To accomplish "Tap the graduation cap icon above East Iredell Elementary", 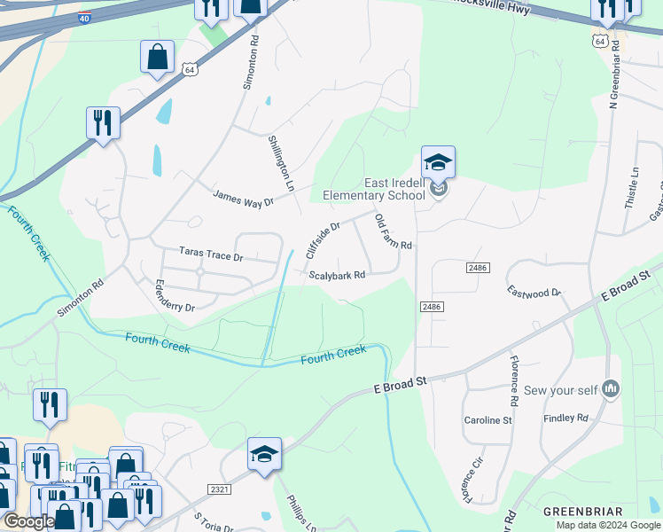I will tap(438, 162).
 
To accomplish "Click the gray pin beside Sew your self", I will tap(611, 388).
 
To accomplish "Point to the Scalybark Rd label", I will tap(337, 275).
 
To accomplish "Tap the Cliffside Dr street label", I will tap(323, 240).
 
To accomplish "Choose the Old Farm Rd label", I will tap(394, 231).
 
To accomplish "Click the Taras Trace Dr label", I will tap(211, 254).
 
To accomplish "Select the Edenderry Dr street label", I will tap(174, 294).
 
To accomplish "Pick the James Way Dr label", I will tap(243, 197).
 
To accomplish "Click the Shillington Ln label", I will tap(280, 164).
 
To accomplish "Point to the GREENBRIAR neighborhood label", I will tap(577, 512).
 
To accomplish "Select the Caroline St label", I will tap(488, 419).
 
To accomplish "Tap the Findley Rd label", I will tap(565, 417).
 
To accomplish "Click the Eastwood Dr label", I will tap(534, 292).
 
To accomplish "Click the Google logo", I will tap(28, 521).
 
